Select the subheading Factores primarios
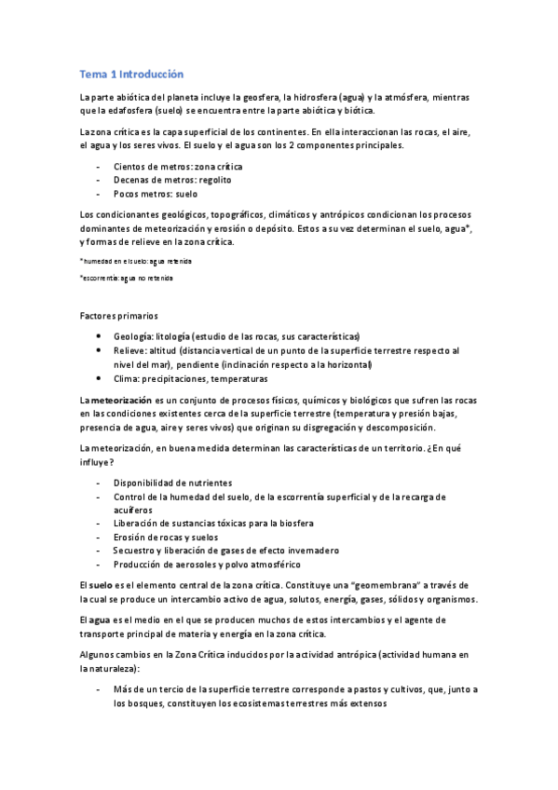tap(118, 317)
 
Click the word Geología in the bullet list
tap(132, 335)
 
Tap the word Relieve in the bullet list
tap(130, 350)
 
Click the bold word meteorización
tap(126, 399)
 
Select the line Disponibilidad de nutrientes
tap(172, 483)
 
